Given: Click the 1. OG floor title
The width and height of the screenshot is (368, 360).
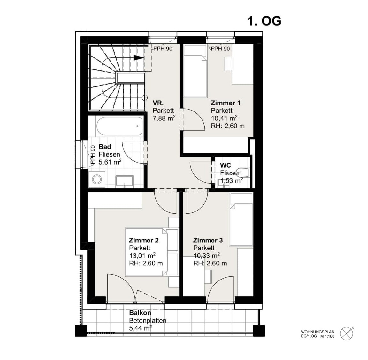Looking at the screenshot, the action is coord(264,21).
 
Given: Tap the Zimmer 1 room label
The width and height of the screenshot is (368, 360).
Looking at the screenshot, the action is coord(226,103).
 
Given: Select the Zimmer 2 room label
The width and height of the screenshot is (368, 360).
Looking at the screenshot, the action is coord(144,240).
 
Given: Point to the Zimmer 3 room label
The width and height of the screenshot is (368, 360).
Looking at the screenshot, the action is coord(208,240).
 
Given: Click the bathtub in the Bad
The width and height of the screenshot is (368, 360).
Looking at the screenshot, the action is coord(120,126).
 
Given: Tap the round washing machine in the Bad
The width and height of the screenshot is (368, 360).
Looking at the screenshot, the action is coord(97,179).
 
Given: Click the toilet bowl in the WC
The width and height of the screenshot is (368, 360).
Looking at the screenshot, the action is coord(242,172).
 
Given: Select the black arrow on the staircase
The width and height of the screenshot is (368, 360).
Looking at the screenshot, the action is coord(138,58).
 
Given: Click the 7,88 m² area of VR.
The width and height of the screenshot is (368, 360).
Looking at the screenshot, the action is coord(164,118).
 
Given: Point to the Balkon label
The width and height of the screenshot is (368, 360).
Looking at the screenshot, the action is coord(140,313).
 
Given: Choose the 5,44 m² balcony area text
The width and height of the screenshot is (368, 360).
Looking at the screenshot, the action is coord(140,328).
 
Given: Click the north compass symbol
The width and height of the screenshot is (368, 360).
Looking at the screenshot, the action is coord(347,333).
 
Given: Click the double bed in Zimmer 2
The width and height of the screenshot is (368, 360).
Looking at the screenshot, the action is coord(152,252).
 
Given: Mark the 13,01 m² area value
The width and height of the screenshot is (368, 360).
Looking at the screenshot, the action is coord(142,255).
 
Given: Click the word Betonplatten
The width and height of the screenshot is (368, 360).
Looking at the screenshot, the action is coord(148,320).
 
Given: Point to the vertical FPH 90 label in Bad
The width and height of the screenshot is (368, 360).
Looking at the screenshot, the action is coord(93,155).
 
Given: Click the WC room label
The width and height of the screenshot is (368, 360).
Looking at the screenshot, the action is coord(226,165).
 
